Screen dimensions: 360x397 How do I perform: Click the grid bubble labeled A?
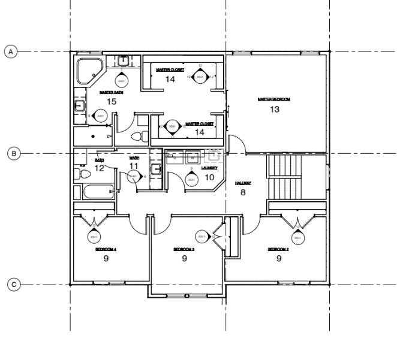[10, 52]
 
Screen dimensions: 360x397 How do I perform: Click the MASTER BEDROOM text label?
[273, 99]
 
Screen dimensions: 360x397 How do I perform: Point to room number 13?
[275, 110]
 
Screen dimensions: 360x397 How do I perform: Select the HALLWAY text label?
[243, 182]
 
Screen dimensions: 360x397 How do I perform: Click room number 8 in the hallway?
[243, 192]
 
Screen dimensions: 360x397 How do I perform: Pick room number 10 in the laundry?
[210, 177]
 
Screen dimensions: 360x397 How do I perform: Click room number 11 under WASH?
[134, 165]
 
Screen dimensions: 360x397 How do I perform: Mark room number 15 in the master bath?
[111, 102]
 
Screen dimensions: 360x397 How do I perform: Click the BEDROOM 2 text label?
[278, 249]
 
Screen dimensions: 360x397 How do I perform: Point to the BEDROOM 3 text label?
[184, 249]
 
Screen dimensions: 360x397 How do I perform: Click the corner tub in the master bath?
[88, 71]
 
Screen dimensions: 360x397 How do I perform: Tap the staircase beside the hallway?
[285, 178]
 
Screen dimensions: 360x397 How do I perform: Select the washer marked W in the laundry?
[193, 157]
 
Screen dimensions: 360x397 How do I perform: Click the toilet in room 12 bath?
[83, 174]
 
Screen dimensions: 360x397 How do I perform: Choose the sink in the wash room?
[156, 170]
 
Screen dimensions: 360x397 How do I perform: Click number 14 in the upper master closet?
[170, 79]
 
